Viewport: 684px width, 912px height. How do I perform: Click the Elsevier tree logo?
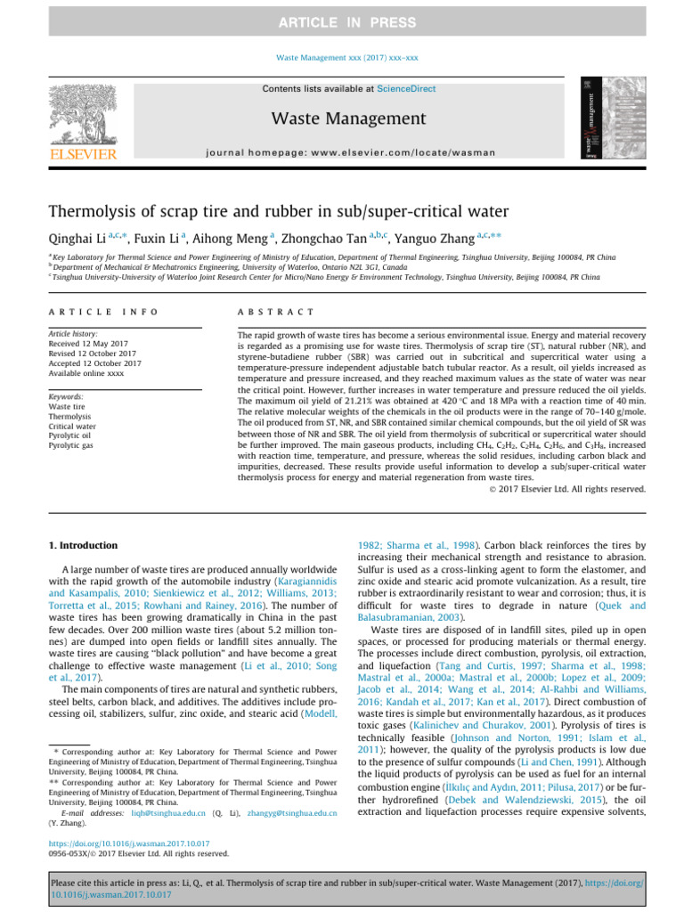click(79, 110)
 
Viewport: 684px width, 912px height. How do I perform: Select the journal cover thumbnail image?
click(607, 118)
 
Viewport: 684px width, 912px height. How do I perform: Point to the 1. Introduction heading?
click(81, 545)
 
